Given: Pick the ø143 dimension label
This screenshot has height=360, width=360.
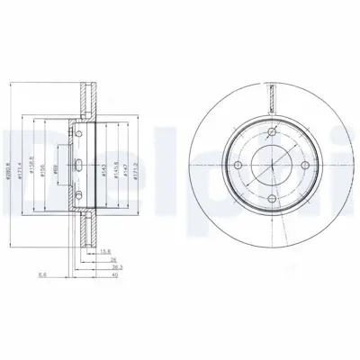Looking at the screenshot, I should (x=107, y=150).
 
